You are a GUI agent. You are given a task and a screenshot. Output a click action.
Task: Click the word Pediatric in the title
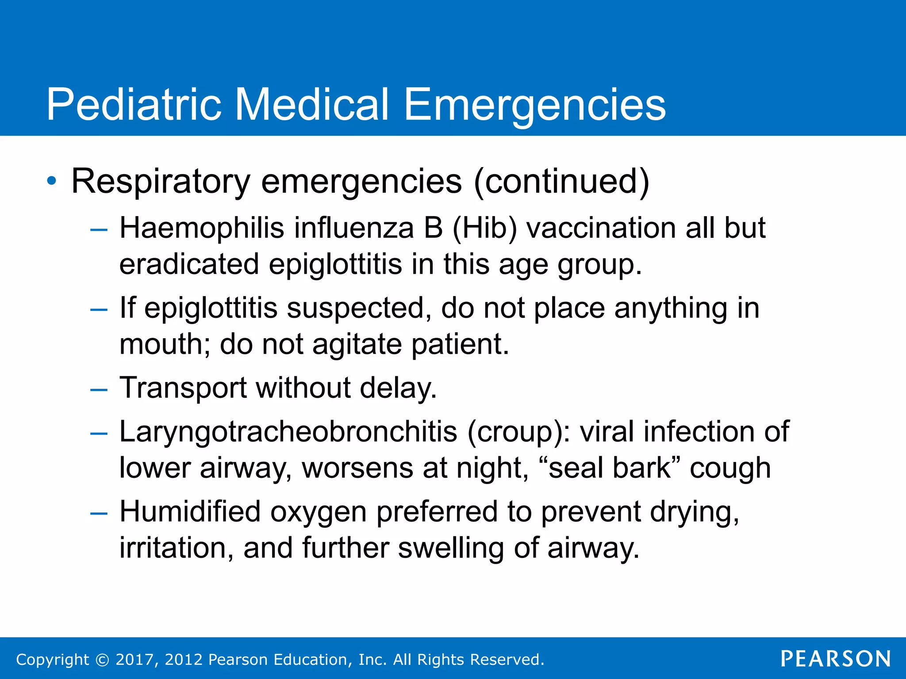pyautogui.click(x=134, y=104)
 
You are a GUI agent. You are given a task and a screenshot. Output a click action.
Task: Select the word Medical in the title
pyautogui.click(x=311, y=104)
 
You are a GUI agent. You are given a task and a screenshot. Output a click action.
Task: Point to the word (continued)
pyautogui.click(x=561, y=181)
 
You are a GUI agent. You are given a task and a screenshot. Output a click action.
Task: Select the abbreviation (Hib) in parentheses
pyautogui.click(x=484, y=229)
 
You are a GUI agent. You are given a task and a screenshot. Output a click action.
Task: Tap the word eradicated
pyautogui.click(x=189, y=264)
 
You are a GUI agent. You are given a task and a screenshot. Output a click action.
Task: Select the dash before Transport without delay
pyautogui.click(x=98, y=389)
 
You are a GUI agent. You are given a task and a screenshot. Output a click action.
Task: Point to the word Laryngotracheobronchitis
pyautogui.click(x=288, y=431)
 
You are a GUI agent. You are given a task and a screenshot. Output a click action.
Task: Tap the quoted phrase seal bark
pyautogui.click(x=610, y=468)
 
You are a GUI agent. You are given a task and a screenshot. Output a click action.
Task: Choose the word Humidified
pyautogui.click(x=190, y=512)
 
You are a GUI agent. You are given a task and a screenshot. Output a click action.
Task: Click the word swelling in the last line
pyautogui.click(x=451, y=548)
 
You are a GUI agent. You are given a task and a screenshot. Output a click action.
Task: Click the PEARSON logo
pyautogui.click(x=836, y=659)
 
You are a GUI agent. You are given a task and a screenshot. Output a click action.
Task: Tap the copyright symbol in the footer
pyautogui.click(x=102, y=660)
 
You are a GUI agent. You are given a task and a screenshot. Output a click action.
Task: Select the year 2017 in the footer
pyautogui.click(x=134, y=660)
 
